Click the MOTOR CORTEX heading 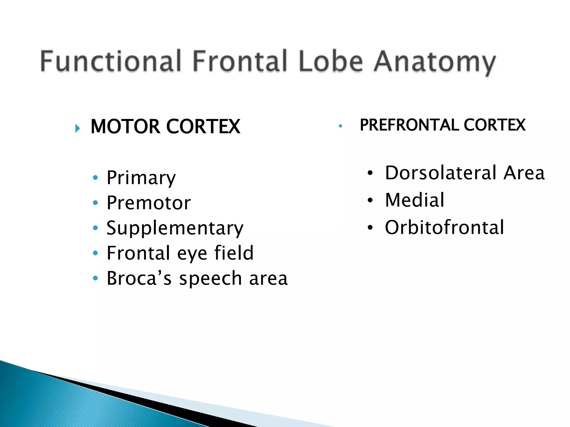[x=165, y=126]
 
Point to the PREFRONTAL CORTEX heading [x=443, y=125]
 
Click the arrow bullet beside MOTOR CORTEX [x=78, y=128]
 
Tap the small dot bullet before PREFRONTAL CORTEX [x=340, y=126]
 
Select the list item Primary [x=141, y=178]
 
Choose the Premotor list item [x=149, y=203]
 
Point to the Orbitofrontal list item [x=444, y=227]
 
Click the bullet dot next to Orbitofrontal [x=370, y=228]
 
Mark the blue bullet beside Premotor [x=95, y=203]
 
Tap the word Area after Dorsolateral [x=524, y=173]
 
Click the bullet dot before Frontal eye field [x=95, y=253]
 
